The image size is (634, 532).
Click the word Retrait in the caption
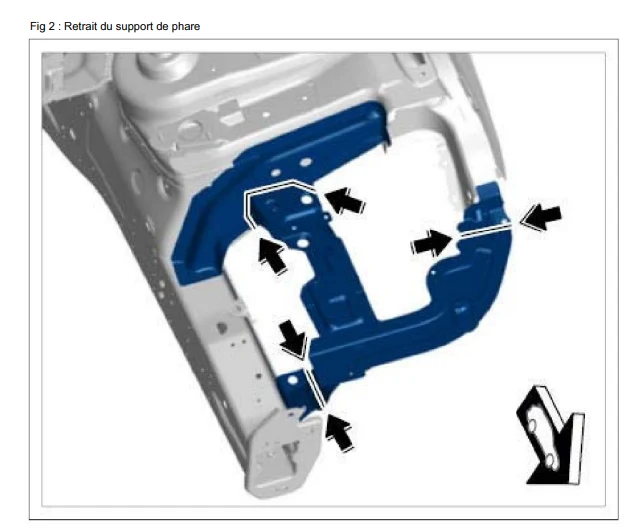point(80,26)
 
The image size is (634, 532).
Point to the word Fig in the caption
point(38,27)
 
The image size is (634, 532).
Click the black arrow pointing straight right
point(431,243)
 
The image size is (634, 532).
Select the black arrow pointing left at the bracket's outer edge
point(541,217)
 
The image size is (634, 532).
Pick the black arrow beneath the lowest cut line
point(338,432)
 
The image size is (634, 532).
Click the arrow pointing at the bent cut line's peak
point(344,200)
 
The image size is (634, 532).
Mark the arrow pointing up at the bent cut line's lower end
point(272,255)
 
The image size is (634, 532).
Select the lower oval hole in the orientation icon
point(550,460)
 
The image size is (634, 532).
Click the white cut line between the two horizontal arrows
point(484,230)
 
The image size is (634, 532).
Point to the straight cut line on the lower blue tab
point(314,387)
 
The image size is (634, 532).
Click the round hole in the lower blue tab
point(293,380)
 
